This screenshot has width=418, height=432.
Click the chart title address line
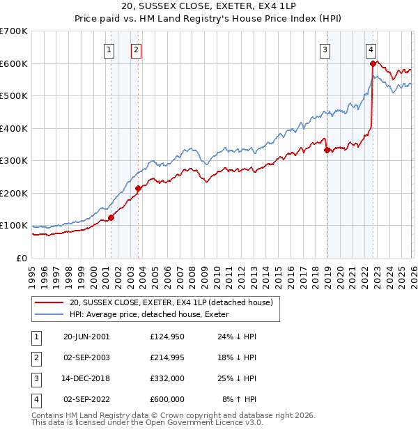(x=208, y=7)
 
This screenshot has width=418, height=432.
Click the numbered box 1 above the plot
(x=110, y=49)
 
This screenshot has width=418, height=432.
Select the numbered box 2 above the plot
(x=135, y=49)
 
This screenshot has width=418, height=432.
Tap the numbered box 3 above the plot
(x=325, y=49)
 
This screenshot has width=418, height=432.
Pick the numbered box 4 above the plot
(x=371, y=49)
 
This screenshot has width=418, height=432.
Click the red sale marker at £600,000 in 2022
(x=373, y=63)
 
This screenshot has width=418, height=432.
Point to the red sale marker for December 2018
(x=327, y=150)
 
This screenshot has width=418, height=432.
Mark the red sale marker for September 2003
(x=138, y=188)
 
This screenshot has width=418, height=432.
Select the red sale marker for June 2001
(x=111, y=217)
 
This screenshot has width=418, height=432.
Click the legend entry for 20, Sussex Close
(x=174, y=302)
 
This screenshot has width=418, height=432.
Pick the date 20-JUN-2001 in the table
(x=86, y=336)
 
